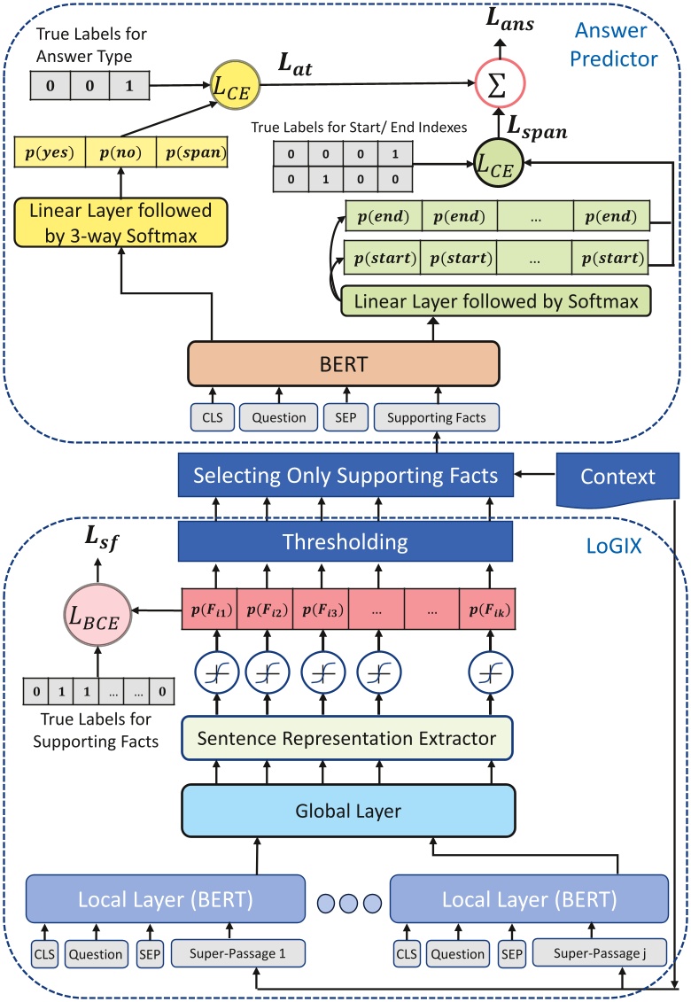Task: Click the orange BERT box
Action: [x=345, y=363]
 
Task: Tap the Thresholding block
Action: [x=345, y=541]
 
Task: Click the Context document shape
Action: [x=618, y=477]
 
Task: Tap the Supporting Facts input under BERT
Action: [x=435, y=416]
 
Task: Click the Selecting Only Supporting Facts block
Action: [x=345, y=477]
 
